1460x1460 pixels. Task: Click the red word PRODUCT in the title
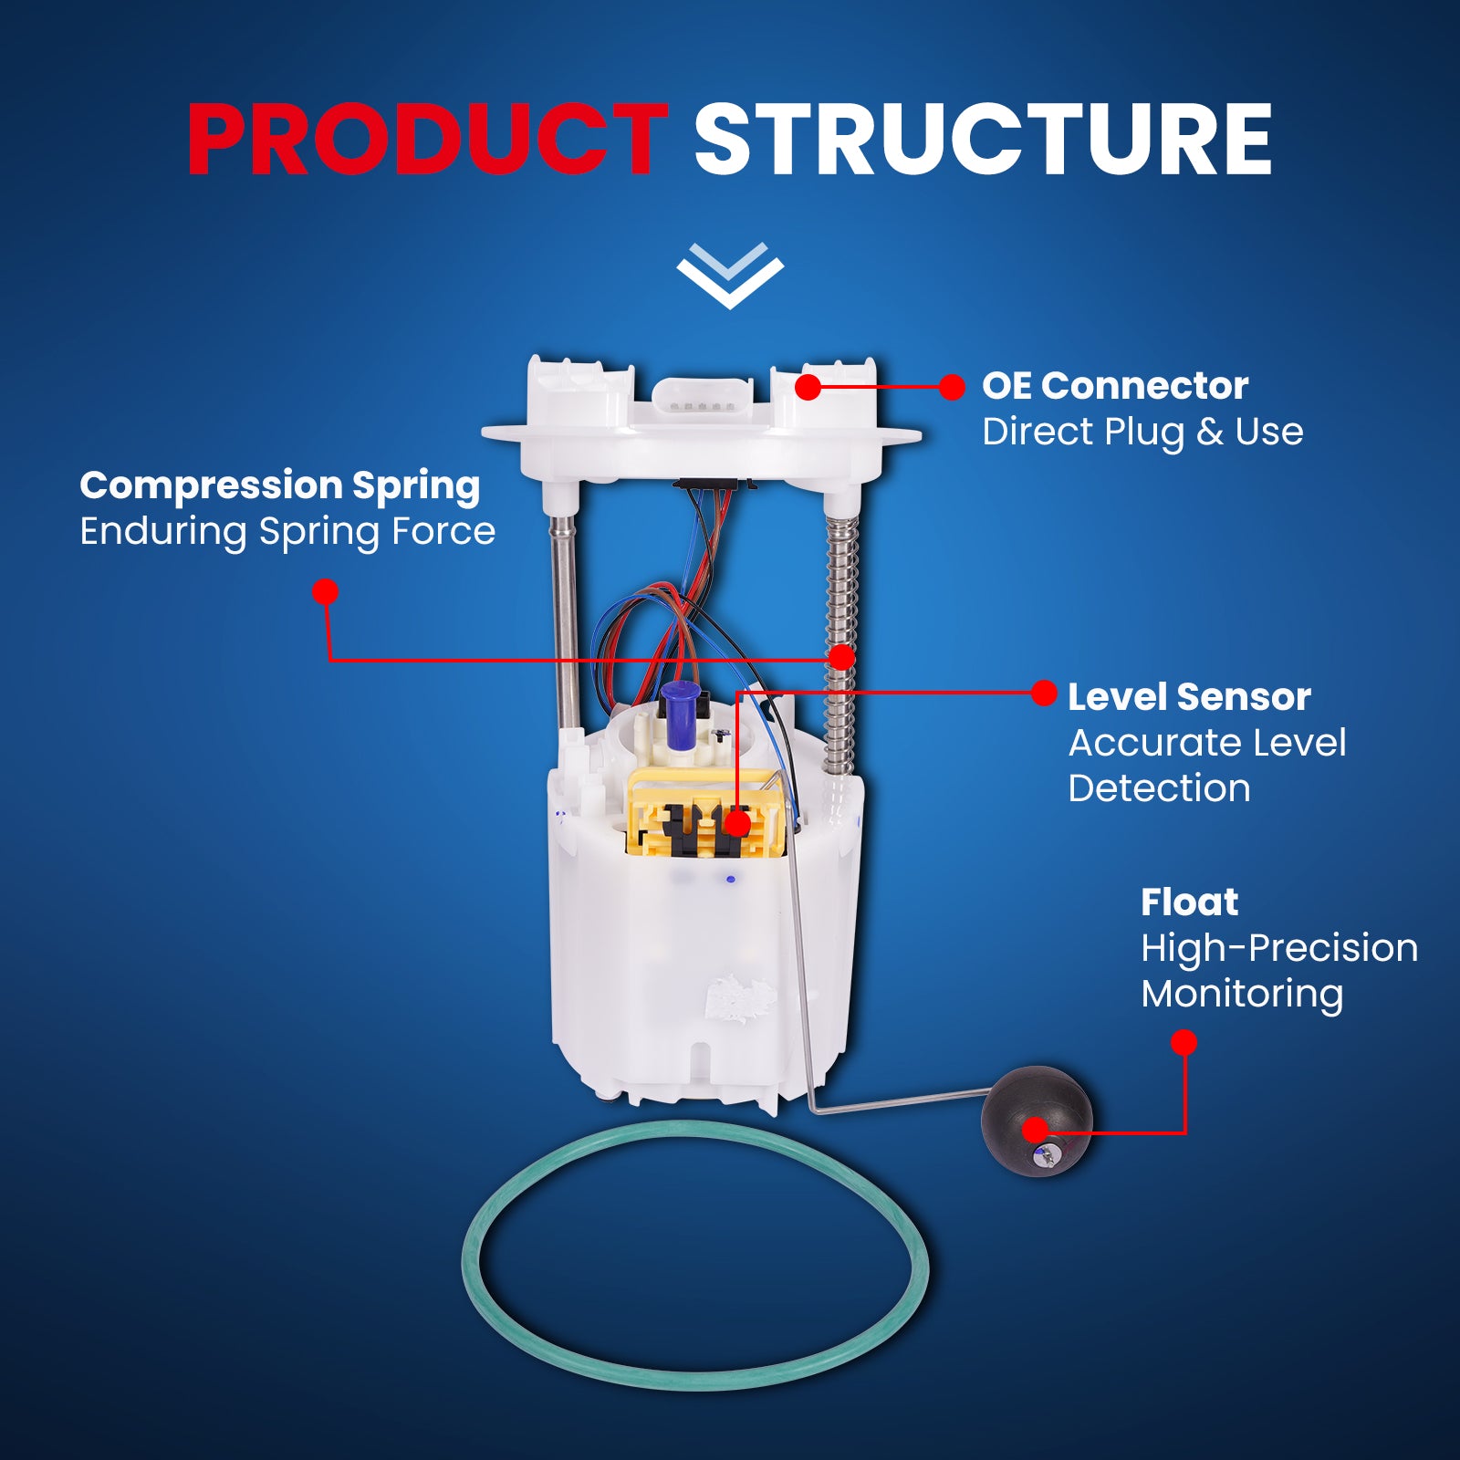pos(427,139)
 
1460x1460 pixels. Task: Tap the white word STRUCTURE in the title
pos(982,139)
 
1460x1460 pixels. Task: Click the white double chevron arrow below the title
pos(729,275)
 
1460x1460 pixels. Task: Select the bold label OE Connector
pos(1114,386)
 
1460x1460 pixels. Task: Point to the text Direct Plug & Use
pos(1142,432)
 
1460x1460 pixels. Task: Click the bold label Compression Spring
pos(279,485)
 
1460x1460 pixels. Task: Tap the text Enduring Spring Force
pos(287,531)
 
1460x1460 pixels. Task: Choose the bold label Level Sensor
pos(1188,697)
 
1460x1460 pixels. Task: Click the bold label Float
pos(1188,902)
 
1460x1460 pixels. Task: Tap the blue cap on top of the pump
pos(678,712)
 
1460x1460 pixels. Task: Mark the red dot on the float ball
pos(1035,1131)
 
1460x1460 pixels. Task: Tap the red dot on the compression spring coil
pos(841,657)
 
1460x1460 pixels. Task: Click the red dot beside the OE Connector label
pos(952,387)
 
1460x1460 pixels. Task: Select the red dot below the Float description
pos(1184,1042)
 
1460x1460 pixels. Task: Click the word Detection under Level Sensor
pos(1159,788)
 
